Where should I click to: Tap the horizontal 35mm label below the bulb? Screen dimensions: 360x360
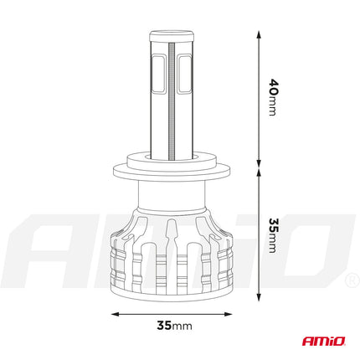pos(178,323)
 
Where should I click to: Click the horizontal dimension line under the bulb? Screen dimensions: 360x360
pos(178,316)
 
